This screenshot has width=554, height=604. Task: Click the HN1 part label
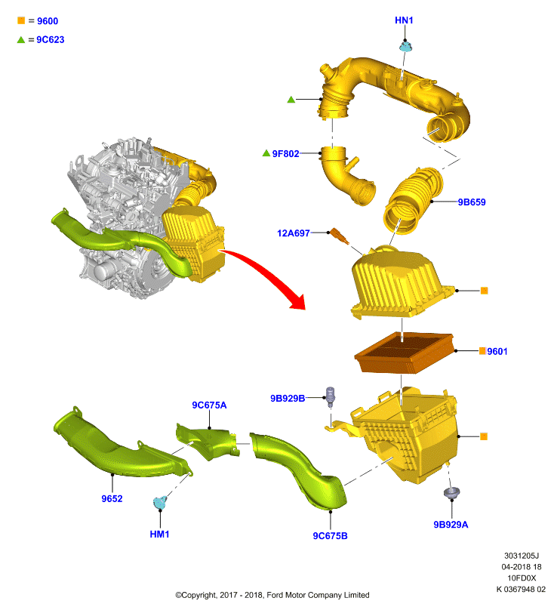pos(404,20)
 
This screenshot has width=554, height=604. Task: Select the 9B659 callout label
pos(472,202)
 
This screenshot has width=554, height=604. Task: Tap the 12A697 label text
pos(294,233)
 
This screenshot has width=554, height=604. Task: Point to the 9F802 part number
pos(285,154)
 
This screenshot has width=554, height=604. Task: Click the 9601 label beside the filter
pos(497,351)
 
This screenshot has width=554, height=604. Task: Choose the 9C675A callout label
pos(209,405)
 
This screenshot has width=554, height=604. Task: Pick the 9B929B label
pos(288,399)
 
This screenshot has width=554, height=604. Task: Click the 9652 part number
pos(112,499)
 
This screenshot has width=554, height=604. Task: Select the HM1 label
pos(159,535)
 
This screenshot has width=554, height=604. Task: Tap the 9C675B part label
pos(330,536)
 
